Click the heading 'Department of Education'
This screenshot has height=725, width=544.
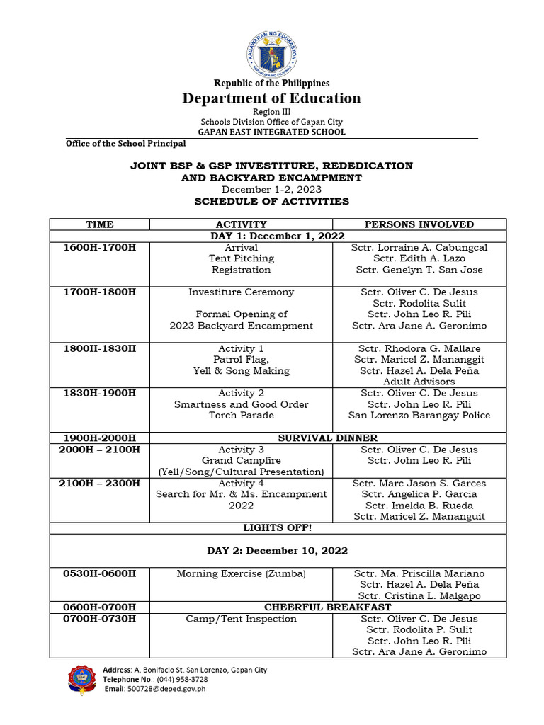pos(271,98)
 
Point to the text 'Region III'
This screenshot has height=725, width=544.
pos(271,112)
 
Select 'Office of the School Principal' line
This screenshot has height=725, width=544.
pos(125,144)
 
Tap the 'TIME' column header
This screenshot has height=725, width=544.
pos(99,224)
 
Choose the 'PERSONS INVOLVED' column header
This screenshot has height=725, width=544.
pos(419,224)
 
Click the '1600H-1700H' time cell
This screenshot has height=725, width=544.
pos(99,248)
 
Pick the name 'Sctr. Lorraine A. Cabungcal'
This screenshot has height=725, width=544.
pos(419,248)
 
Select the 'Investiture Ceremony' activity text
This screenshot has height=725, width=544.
pos(241,292)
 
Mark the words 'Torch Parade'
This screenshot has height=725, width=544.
pos(241,416)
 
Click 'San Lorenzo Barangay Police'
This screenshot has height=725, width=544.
pos(419,416)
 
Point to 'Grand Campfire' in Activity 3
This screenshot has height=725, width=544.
pos(241,461)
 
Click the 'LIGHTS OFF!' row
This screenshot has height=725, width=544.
pos(278,528)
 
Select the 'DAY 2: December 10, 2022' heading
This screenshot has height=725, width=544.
pos(278,551)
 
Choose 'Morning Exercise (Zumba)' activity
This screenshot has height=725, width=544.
pos(241,573)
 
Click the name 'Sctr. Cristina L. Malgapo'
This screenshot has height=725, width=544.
pos(419,596)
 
